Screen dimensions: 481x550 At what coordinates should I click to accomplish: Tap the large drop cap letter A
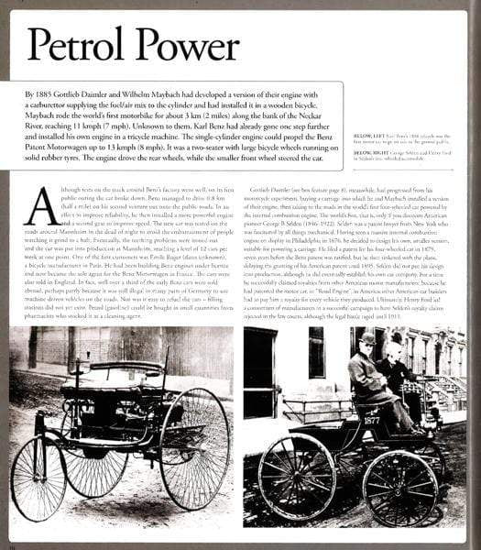[41, 205]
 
